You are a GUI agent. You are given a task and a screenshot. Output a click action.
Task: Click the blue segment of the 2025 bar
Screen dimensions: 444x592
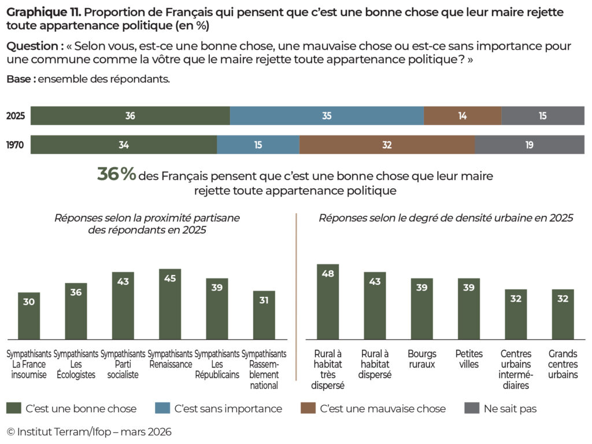pyautogui.click(x=327, y=116)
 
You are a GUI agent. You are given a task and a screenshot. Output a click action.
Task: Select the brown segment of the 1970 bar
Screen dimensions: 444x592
pyautogui.click(x=387, y=145)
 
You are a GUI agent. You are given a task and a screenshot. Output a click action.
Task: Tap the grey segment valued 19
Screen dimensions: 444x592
pyautogui.click(x=529, y=145)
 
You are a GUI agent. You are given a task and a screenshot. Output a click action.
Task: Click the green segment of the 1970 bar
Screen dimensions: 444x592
pyautogui.click(x=124, y=145)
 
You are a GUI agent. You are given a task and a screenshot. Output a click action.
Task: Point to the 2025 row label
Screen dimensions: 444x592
pyautogui.click(x=16, y=116)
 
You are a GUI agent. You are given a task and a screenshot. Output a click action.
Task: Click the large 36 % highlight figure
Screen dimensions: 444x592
pyautogui.click(x=116, y=175)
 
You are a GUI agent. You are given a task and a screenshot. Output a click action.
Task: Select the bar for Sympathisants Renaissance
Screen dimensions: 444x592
pyautogui.click(x=170, y=304)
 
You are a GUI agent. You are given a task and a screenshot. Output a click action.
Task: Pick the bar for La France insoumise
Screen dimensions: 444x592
pyautogui.click(x=29, y=316)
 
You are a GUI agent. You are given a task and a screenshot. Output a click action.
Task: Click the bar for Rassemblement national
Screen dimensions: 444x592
pyautogui.click(x=264, y=315)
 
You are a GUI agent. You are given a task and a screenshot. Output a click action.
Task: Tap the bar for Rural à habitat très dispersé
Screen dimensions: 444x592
pyautogui.click(x=328, y=302)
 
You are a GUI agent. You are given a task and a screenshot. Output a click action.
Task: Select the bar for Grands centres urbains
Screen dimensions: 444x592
pyautogui.click(x=563, y=314)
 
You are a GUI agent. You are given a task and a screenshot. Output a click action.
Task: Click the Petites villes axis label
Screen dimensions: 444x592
pyautogui.click(x=469, y=359)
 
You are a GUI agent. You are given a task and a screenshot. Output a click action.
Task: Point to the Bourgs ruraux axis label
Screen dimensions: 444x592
pyautogui.click(x=421, y=359)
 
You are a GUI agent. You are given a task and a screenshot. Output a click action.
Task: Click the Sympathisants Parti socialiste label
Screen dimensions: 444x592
pyautogui.click(x=123, y=364)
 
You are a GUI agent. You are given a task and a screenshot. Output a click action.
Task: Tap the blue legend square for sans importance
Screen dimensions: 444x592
pyautogui.click(x=162, y=409)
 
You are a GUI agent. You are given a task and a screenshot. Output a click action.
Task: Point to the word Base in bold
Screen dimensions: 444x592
pyautogui.click(x=19, y=79)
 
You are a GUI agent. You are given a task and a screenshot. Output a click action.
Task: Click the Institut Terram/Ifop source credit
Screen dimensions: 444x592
pyautogui.click(x=89, y=432)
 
